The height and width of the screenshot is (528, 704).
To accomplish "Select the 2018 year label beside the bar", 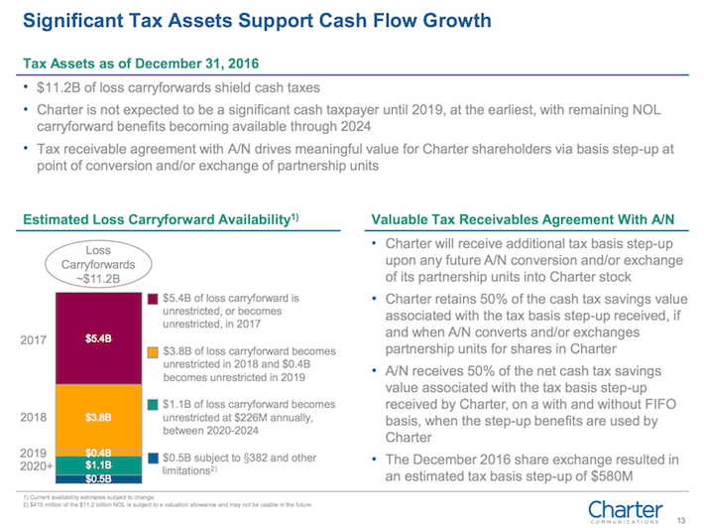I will (36, 418).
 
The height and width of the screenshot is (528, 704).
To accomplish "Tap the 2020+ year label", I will (38, 465).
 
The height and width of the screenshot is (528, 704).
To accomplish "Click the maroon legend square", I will (153, 299).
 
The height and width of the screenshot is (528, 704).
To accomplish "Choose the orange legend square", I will (153, 351).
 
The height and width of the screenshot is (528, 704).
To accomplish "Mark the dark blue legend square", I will (153, 458).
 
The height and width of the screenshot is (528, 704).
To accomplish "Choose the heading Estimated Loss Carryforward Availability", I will (160, 218).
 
